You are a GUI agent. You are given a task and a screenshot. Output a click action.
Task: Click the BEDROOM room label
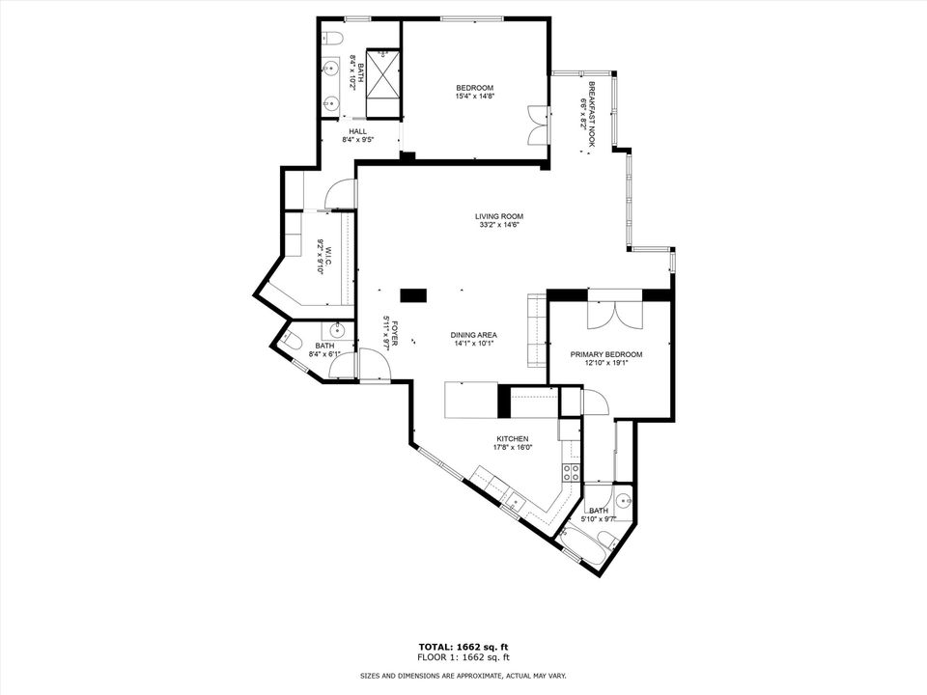[474, 88]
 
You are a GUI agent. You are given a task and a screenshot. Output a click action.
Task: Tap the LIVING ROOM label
[498, 216]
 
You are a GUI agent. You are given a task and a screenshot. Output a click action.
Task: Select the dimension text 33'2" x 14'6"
[498, 226]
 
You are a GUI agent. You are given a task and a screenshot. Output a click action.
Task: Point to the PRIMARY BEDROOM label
[605, 354]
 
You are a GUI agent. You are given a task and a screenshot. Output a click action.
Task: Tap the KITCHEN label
[512, 438]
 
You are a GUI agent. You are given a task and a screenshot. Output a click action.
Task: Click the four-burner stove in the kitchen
[571, 472]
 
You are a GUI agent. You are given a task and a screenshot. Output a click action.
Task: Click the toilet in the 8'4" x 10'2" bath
[330, 40]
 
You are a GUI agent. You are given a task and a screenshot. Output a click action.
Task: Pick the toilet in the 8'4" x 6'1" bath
[289, 340]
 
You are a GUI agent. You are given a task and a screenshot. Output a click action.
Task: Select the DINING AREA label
[473, 335]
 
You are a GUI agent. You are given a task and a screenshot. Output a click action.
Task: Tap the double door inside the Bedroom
[537, 125]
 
